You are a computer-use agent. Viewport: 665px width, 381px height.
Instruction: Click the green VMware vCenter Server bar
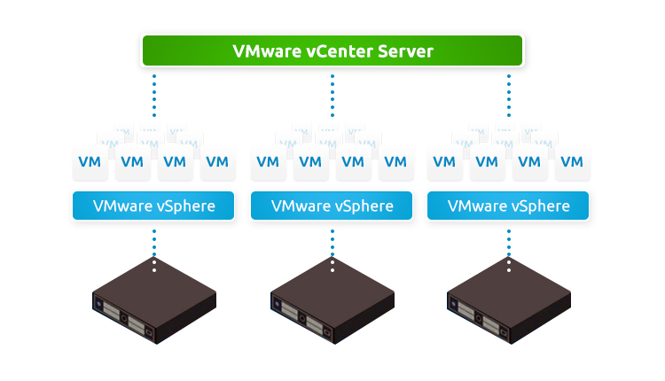point(332,51)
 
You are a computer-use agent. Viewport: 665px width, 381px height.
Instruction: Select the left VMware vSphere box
point(153,206)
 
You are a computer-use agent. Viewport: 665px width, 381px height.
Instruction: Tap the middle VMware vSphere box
point(332,206)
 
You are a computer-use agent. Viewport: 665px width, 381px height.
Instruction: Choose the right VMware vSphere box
point(509,206)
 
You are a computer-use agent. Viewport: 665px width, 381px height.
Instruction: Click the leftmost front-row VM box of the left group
point(90,162)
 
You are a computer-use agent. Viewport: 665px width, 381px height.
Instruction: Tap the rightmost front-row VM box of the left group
point(218,162)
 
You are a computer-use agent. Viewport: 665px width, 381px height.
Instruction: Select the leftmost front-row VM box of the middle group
point(268,162)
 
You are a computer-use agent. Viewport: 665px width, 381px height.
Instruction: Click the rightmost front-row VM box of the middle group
point(396,162)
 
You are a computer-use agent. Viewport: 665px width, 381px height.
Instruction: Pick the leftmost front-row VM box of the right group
point(444,162)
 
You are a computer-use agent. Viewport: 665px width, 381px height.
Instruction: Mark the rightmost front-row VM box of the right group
point(573,162)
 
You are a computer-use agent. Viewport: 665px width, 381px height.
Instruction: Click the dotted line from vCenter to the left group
point(154,96)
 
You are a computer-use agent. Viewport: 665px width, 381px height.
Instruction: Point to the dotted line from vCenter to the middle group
point(332,96)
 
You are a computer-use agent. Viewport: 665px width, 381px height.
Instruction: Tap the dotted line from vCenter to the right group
point(509,96)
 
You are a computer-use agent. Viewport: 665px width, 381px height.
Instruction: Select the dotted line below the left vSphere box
point(154,244)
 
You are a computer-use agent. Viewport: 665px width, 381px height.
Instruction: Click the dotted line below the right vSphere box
point(509,244)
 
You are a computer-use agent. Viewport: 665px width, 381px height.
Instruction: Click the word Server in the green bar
point(403,51)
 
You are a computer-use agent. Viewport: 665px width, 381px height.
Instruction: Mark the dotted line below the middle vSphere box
point(332,244)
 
